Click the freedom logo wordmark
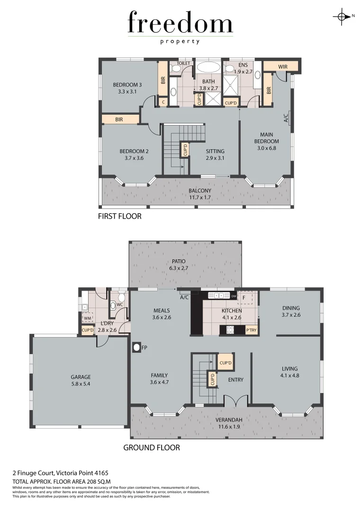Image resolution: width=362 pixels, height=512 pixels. (181, 23)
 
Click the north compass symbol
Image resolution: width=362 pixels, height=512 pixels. (341, 16)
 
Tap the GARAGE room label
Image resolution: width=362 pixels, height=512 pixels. (81, 380)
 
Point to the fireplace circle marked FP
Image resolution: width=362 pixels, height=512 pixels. (137, 347)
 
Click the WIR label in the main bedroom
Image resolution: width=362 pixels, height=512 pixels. (283, 67)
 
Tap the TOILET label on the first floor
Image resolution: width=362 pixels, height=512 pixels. (183, 63)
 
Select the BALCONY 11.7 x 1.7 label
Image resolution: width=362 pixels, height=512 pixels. (199, 194)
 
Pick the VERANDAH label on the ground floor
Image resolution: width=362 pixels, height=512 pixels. (229, 423)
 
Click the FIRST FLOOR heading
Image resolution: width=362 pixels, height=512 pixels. (120, 216)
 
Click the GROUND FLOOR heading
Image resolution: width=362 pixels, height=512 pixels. (152, 448)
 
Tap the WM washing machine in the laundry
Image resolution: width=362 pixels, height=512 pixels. (87, 318)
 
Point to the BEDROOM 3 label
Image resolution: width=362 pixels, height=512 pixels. (127, 88)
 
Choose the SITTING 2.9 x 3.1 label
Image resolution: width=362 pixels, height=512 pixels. (215, 155)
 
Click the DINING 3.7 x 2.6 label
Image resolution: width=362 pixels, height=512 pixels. (291, 311)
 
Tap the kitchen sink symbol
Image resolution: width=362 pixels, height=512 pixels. (219, 296)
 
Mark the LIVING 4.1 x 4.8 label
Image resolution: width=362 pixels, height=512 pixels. (290, 372)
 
